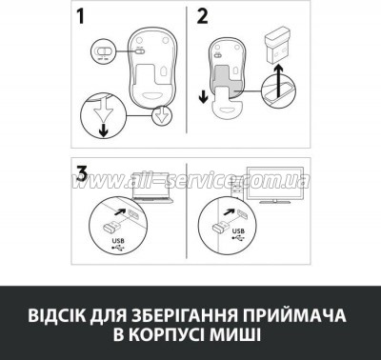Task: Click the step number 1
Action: click(81, 16)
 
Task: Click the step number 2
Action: click(202, 16)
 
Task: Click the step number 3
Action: click(82, 174)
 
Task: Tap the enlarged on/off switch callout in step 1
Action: click(103, 51)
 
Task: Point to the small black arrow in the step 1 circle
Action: click(103, 130)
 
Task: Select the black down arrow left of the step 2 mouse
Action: click(204, 97)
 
